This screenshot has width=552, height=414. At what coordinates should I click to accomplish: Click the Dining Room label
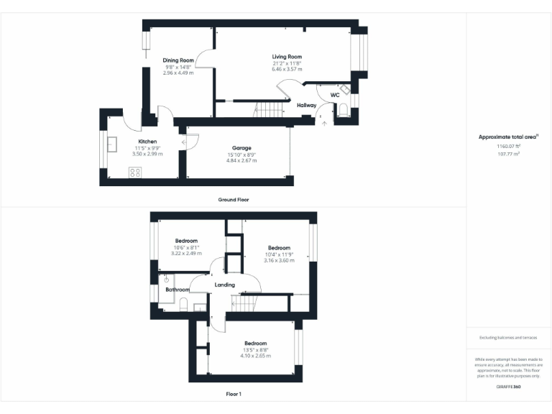click(x=178, y=60)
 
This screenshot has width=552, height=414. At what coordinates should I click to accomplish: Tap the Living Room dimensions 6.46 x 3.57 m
click(x=286, y=70)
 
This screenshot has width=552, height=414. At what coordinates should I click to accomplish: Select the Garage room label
click(x=241, y=147)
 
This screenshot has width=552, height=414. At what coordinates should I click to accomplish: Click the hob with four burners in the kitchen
click(x=134, y=172)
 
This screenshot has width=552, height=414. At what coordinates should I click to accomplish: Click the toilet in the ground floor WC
click(x=343, y=109)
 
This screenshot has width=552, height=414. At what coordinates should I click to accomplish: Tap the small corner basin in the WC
click(x=344, y=90)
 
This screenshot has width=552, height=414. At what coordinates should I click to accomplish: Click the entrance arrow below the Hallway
click(x=323, y=123)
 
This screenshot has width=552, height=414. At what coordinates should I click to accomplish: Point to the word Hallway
click(x=307, y=106)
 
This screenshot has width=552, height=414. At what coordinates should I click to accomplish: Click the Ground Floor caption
click(x=234, y=199)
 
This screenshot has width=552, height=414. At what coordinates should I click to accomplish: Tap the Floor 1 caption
click(x=234, y=394)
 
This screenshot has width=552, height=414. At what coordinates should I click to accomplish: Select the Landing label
click(x=225, y=285)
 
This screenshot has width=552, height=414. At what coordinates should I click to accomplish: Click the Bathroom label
click(x=177, y=290)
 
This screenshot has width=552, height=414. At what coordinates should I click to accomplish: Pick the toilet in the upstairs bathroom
click(x=183, y=305)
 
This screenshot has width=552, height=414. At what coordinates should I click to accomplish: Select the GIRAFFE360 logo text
click(x=509, y=387)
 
